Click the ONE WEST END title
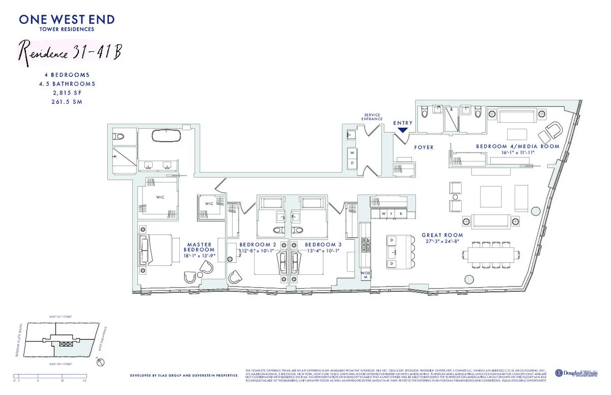click(67, 20)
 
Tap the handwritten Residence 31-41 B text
click(70, 52)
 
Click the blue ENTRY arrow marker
click(402, 130)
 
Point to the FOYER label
click(424, 148)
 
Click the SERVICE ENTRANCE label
click(372, 117)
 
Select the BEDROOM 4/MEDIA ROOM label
click(517, 146)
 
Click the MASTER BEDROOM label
click(199, 247)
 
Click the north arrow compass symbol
click(100, 363)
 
